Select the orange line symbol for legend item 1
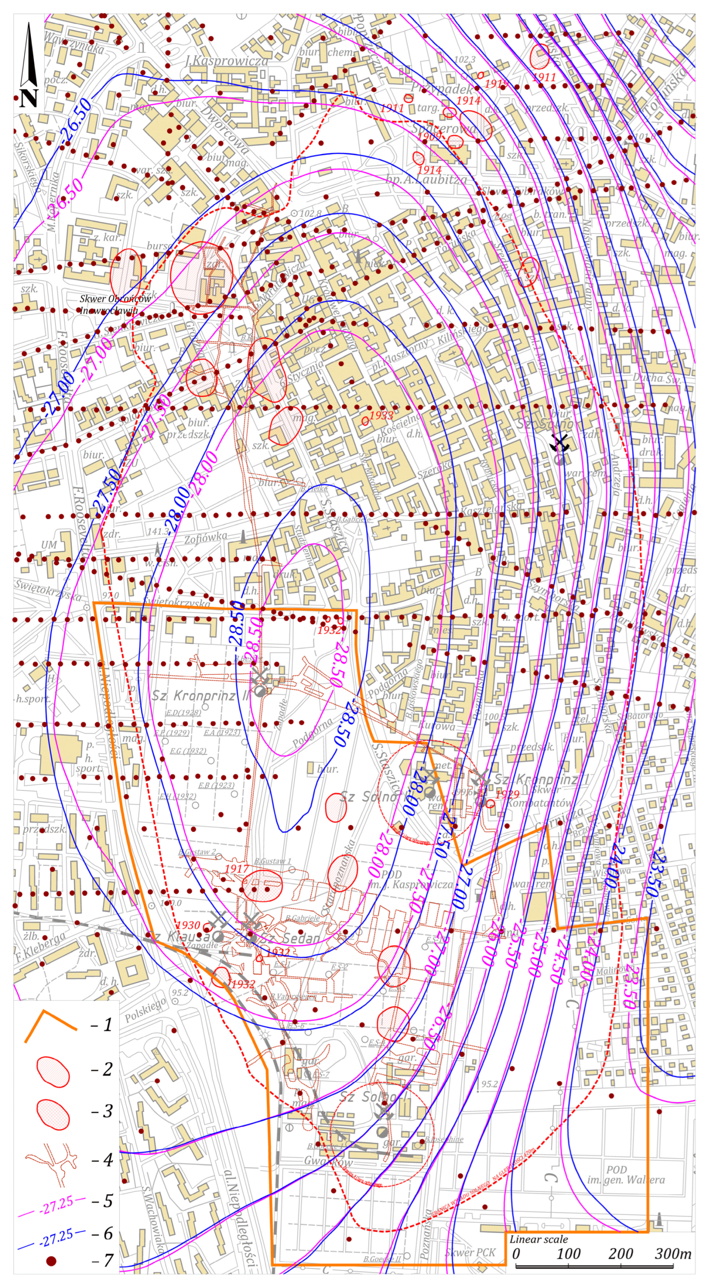(x=50, y=1012)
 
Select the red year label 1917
(x=236, y=868)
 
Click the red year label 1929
(x=507, y=794)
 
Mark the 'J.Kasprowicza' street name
(x=226, y=61)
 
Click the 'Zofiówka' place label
(x=205, y=538)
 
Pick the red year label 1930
(x=188, y=925)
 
